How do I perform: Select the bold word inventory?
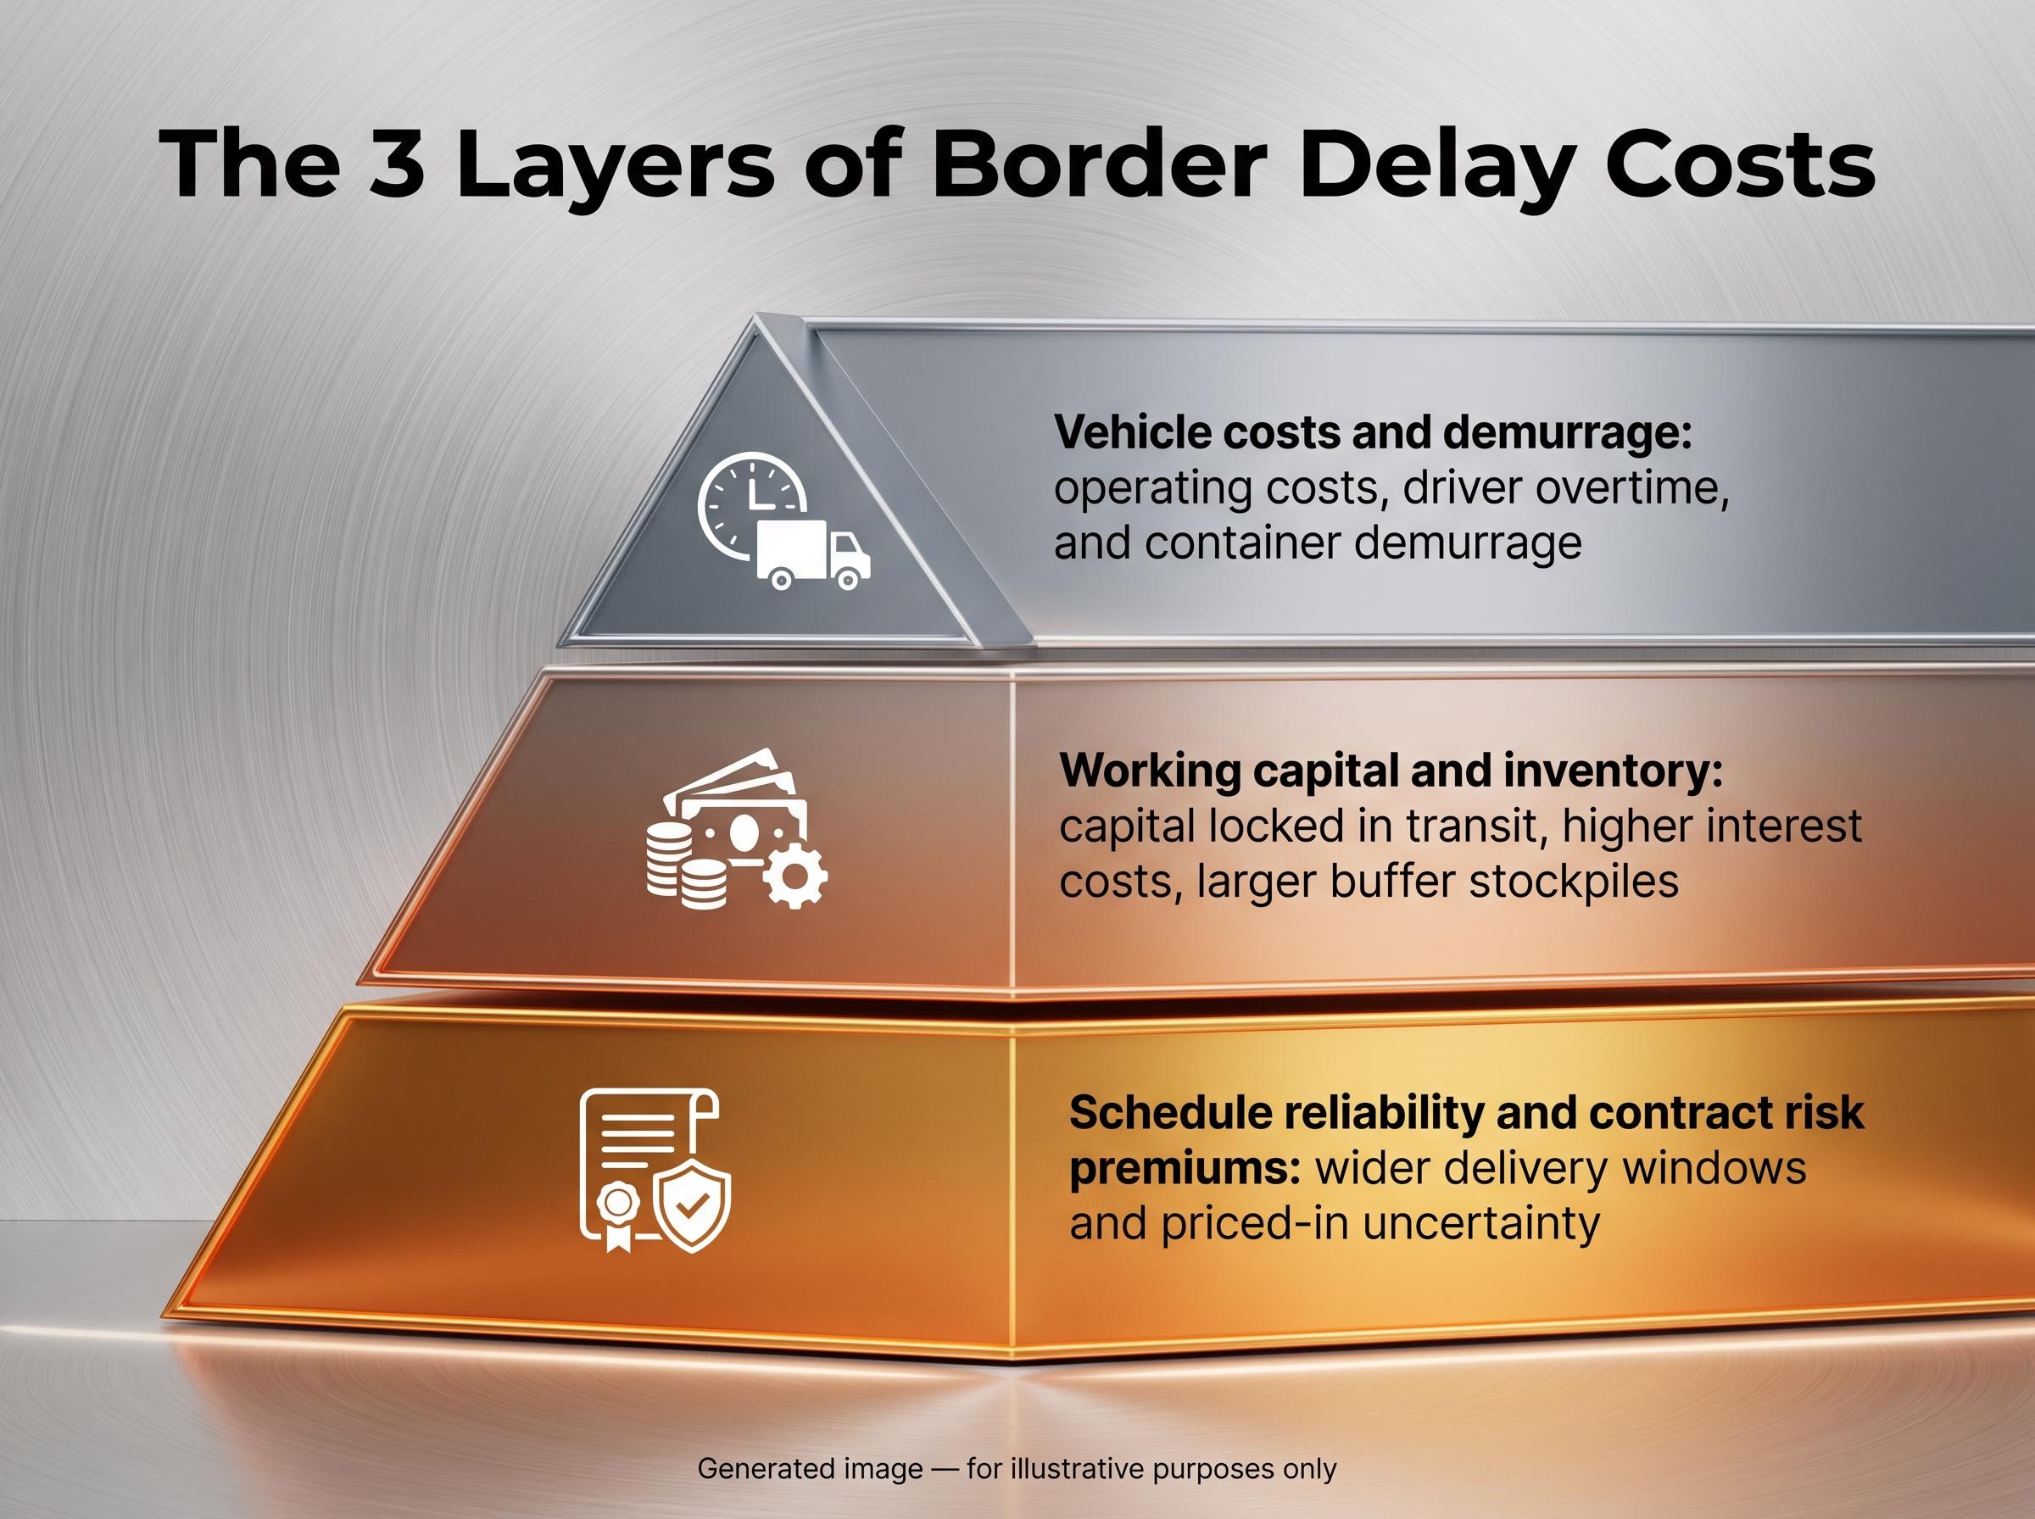coord(1613,771)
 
